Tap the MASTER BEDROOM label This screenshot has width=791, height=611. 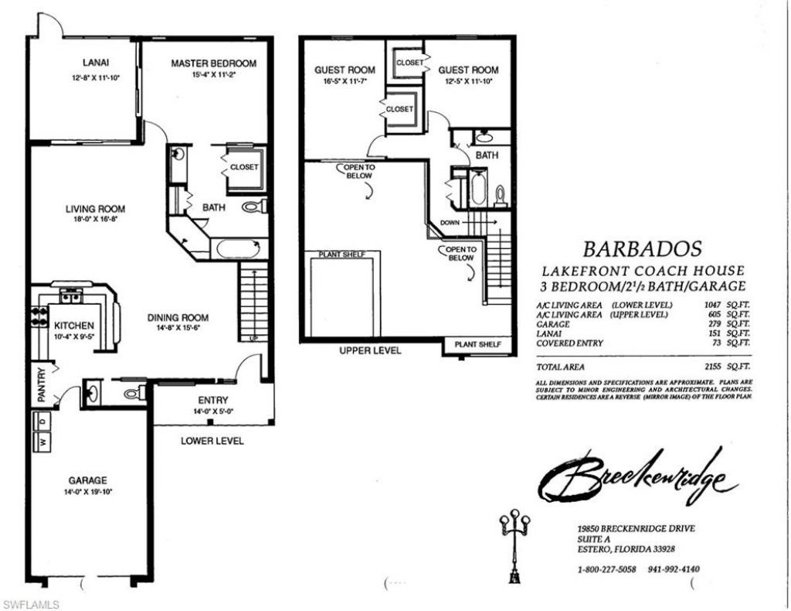coord(213,63)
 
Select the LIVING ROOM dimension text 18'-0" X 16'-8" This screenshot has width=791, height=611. coord(95,220)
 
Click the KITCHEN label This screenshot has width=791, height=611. coord(73,326)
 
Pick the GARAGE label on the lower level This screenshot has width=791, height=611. coord(87,480)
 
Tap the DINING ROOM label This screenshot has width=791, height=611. coord(178,317)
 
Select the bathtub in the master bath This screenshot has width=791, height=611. coord(239,249)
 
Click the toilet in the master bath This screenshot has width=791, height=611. coord(254,207)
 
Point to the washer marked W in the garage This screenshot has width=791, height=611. coord(42,443)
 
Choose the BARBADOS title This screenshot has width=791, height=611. coord(642,249)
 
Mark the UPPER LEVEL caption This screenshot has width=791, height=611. coord(370,350)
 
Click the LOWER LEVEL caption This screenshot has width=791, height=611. coord(212,441)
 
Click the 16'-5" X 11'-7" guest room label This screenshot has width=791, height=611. coord(345,80)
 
